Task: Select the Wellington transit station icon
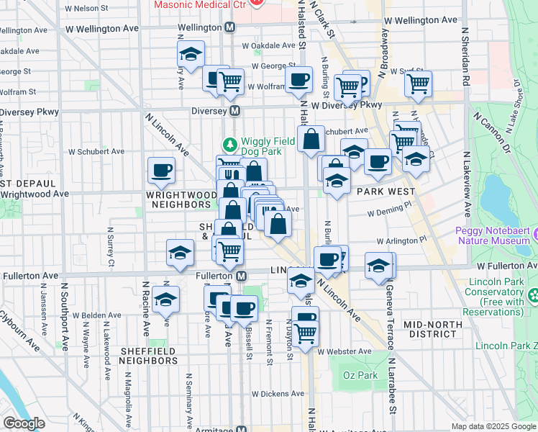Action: [x=230, y=27]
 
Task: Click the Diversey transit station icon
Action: [x=234, y=112]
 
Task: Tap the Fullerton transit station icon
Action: [x=242, y=276]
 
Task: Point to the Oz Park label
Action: [x=360, y=376]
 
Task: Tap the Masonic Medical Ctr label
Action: [x=199, y=4]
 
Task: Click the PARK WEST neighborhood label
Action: [x=386, y=192]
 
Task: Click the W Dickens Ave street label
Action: [x=278, y=394]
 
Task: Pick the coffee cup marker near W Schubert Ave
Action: [x=161, y=171]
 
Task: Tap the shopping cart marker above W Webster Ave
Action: [x=306, y=333]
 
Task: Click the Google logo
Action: [x=24, y=423]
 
